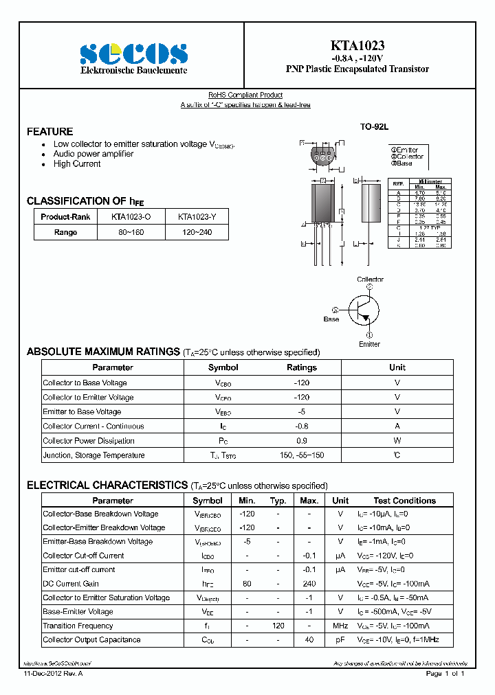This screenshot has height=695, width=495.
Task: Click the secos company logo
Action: [x=133, y=53]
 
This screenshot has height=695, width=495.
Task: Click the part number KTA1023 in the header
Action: [x=357, y=45]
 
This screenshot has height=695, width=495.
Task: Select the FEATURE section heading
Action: [x=49, y=131]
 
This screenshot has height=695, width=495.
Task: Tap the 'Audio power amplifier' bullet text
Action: [x=93, y=154]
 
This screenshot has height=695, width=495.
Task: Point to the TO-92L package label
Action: [x=375, y=127]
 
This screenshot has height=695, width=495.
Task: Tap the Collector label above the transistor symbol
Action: [x=370, y=280]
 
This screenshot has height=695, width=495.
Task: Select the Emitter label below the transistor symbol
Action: [x=369, y=344]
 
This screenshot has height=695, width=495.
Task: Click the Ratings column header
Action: [x=301, y=367]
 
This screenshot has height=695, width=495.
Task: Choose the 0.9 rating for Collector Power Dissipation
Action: [x=301, y=441]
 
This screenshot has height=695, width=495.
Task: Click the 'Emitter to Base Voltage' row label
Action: [x=82, y=412]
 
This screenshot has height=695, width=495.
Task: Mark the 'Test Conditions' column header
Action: [x=404, y=501]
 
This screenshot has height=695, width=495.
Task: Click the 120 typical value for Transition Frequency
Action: [x=278, y=626]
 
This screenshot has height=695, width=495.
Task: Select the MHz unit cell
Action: [x=340, y=626]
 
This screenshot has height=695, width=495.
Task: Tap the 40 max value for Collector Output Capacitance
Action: [x=309, y=640]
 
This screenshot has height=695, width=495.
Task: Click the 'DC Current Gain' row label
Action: [x=71, y=584]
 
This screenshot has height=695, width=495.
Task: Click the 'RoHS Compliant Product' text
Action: [x=245, y=95]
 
